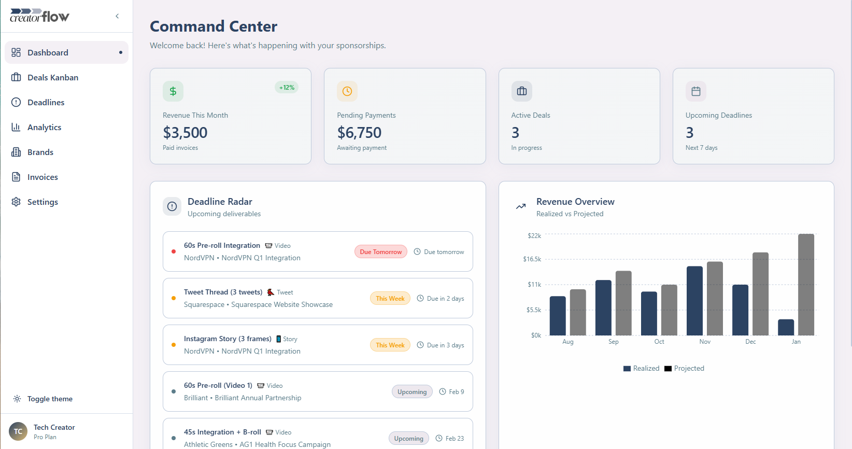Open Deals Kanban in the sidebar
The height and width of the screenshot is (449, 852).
[x=52, y=77]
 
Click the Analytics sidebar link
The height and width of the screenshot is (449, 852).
[x=44, y=127]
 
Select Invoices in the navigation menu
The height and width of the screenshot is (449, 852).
[x=42, y=177]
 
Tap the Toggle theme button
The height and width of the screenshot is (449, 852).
[x=50, y=399]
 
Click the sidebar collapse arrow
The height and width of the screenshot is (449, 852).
[x=117, y=16]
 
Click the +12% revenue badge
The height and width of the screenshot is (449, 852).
[x=287, y=88]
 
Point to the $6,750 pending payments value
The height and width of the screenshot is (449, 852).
[x=359, y=133]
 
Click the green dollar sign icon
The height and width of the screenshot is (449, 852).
[x=173, y=91]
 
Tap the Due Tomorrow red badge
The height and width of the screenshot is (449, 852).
[x=381, y=252]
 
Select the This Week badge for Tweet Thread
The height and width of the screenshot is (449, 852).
[x=390, y=299]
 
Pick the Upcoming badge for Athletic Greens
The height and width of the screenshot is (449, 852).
[x=408, y=439]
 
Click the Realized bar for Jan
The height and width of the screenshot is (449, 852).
[x=786, y=327]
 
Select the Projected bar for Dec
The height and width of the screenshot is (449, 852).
[x=760, y=293]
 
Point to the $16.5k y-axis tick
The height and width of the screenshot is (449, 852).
[x=532, y=259]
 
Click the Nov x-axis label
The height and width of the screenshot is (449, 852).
[x=705, y=342]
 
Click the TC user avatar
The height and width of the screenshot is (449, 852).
[x=18, y=431]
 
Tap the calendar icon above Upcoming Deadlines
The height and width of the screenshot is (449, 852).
[x=696, y=91]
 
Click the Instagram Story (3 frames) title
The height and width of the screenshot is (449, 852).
[x=228, y=339]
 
